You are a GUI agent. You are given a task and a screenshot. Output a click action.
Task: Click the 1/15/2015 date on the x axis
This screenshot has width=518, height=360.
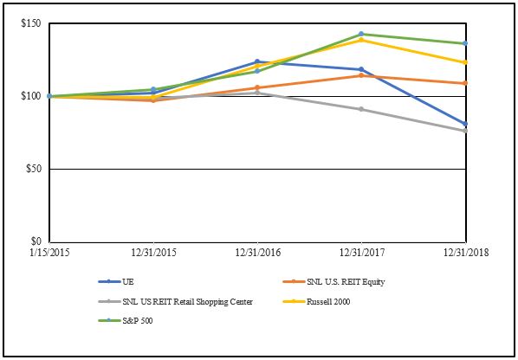50,252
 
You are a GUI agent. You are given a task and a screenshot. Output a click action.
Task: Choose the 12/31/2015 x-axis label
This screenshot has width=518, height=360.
153,252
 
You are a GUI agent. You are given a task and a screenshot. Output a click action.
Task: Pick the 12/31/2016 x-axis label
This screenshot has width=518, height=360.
257,252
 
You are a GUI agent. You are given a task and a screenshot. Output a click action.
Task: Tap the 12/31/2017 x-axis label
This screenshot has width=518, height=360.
360,252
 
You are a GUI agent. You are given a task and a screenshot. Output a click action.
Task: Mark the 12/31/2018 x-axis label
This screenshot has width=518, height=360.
464,252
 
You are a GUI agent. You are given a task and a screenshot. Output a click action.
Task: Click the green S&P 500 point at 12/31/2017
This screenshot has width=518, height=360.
361,34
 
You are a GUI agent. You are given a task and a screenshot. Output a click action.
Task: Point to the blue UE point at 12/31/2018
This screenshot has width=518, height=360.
465,124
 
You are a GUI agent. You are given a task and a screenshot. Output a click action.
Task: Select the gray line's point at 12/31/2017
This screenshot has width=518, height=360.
361,109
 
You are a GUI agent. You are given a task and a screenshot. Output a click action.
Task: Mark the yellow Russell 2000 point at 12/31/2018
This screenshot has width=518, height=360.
465,62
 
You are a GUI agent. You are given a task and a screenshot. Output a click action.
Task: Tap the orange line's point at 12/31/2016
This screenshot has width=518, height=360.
257,87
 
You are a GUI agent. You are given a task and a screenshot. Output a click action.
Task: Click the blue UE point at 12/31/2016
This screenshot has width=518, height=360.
257,61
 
